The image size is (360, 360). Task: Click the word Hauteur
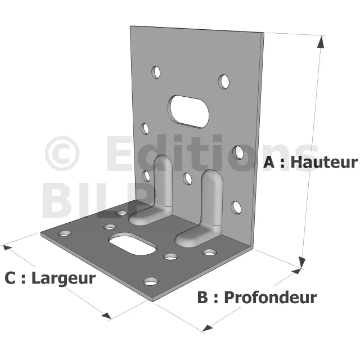pos(324,162)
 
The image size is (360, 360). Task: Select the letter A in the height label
pos(269,162)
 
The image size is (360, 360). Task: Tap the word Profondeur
pos(271,298)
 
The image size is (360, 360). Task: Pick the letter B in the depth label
pos(202,298)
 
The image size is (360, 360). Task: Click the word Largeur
pos(64,279)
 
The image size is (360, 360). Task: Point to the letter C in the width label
pos(10,278)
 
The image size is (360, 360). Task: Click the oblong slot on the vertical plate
pos(189,111)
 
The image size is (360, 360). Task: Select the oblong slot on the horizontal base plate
pos(133,244)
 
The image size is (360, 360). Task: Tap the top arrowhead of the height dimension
pos(321,42)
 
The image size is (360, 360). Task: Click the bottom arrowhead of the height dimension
pos(302,262)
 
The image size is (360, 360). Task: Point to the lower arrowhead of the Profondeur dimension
pos(208,328)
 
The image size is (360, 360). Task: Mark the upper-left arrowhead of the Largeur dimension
pos(7,247)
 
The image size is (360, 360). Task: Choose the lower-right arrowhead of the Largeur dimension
pos(106,316)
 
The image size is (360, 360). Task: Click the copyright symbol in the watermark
pos(62,154)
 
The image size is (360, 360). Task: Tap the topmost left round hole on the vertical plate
pos(156,73)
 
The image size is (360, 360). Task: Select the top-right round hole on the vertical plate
pos(224,82)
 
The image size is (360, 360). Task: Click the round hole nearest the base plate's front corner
pos(151,281)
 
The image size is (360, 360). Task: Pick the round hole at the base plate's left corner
pos(65,234)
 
